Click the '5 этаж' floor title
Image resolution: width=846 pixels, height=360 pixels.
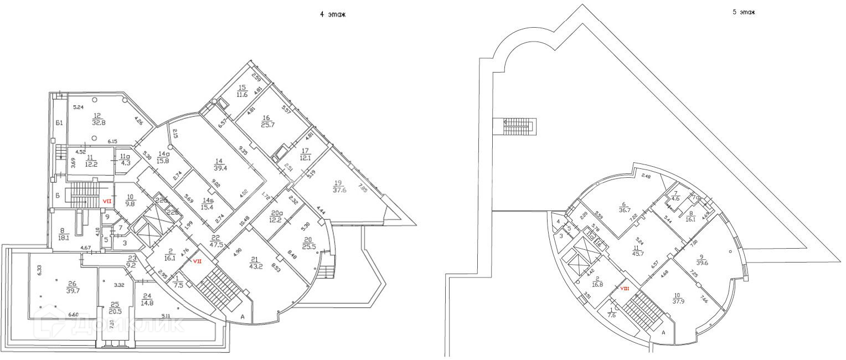tap(744, 12)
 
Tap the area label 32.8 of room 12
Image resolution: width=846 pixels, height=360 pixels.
tap(97, 122)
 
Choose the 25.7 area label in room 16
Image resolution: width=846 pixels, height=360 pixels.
tap(266, 124)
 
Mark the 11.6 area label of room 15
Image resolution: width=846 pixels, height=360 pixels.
tap(242, 95)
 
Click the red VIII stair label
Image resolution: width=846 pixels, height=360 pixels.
tap(624, 288)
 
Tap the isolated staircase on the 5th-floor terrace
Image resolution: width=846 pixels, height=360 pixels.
tap(518, 126)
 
